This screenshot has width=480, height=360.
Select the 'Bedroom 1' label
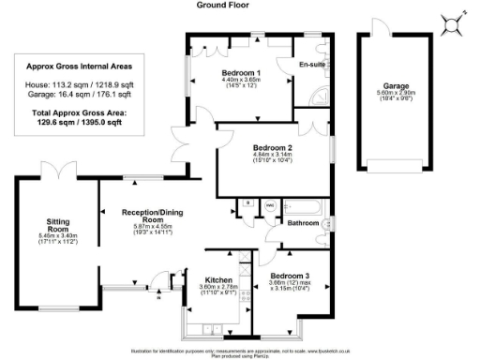[x=241, y=72]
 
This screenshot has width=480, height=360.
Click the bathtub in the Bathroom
[x=302, y=204]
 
